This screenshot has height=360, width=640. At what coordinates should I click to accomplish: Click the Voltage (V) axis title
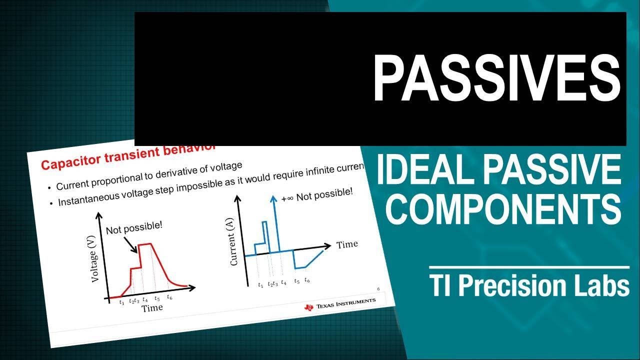(x=96, y=260)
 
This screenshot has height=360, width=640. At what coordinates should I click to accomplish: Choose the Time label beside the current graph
(x=347, y=244)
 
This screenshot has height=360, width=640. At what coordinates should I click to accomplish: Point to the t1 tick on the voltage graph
(x=121, y=302)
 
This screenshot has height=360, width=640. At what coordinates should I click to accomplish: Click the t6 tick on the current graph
(x=307, y=281)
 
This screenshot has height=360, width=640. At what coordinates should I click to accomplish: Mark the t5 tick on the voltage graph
(x=157, y=298)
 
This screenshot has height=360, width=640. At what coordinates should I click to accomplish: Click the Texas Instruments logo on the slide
(x=340, y=303)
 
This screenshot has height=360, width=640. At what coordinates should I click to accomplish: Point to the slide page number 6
(x=378, y=289)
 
